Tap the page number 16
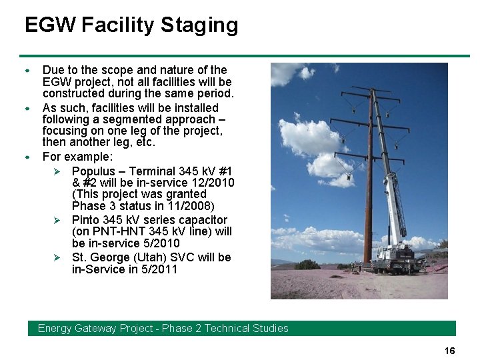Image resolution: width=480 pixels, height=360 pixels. click(x=449, y=351)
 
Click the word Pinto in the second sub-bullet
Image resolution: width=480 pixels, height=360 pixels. click(x=87, y=220)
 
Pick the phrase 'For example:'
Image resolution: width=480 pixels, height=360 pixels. click(x=77, y=157)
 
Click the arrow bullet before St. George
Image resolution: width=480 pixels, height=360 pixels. click(x=57, y=257)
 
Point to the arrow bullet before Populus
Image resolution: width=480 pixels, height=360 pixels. click(x=57, y=171)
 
